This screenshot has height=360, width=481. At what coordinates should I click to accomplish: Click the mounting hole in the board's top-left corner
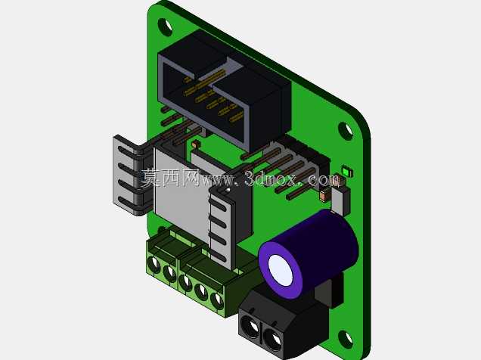(165, 26)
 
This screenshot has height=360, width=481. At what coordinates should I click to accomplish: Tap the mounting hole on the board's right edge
(346, 131)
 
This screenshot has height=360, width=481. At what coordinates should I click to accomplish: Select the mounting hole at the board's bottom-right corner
(346, 339)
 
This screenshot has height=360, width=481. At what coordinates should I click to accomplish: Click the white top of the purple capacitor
(280, 271)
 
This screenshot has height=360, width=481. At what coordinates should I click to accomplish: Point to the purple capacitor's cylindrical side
(325, 242)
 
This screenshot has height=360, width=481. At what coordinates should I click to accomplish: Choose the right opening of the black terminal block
(273, 340)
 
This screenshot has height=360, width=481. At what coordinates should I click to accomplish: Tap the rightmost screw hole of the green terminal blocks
(217, 300)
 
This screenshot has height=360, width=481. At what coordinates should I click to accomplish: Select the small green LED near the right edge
(347, 171)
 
